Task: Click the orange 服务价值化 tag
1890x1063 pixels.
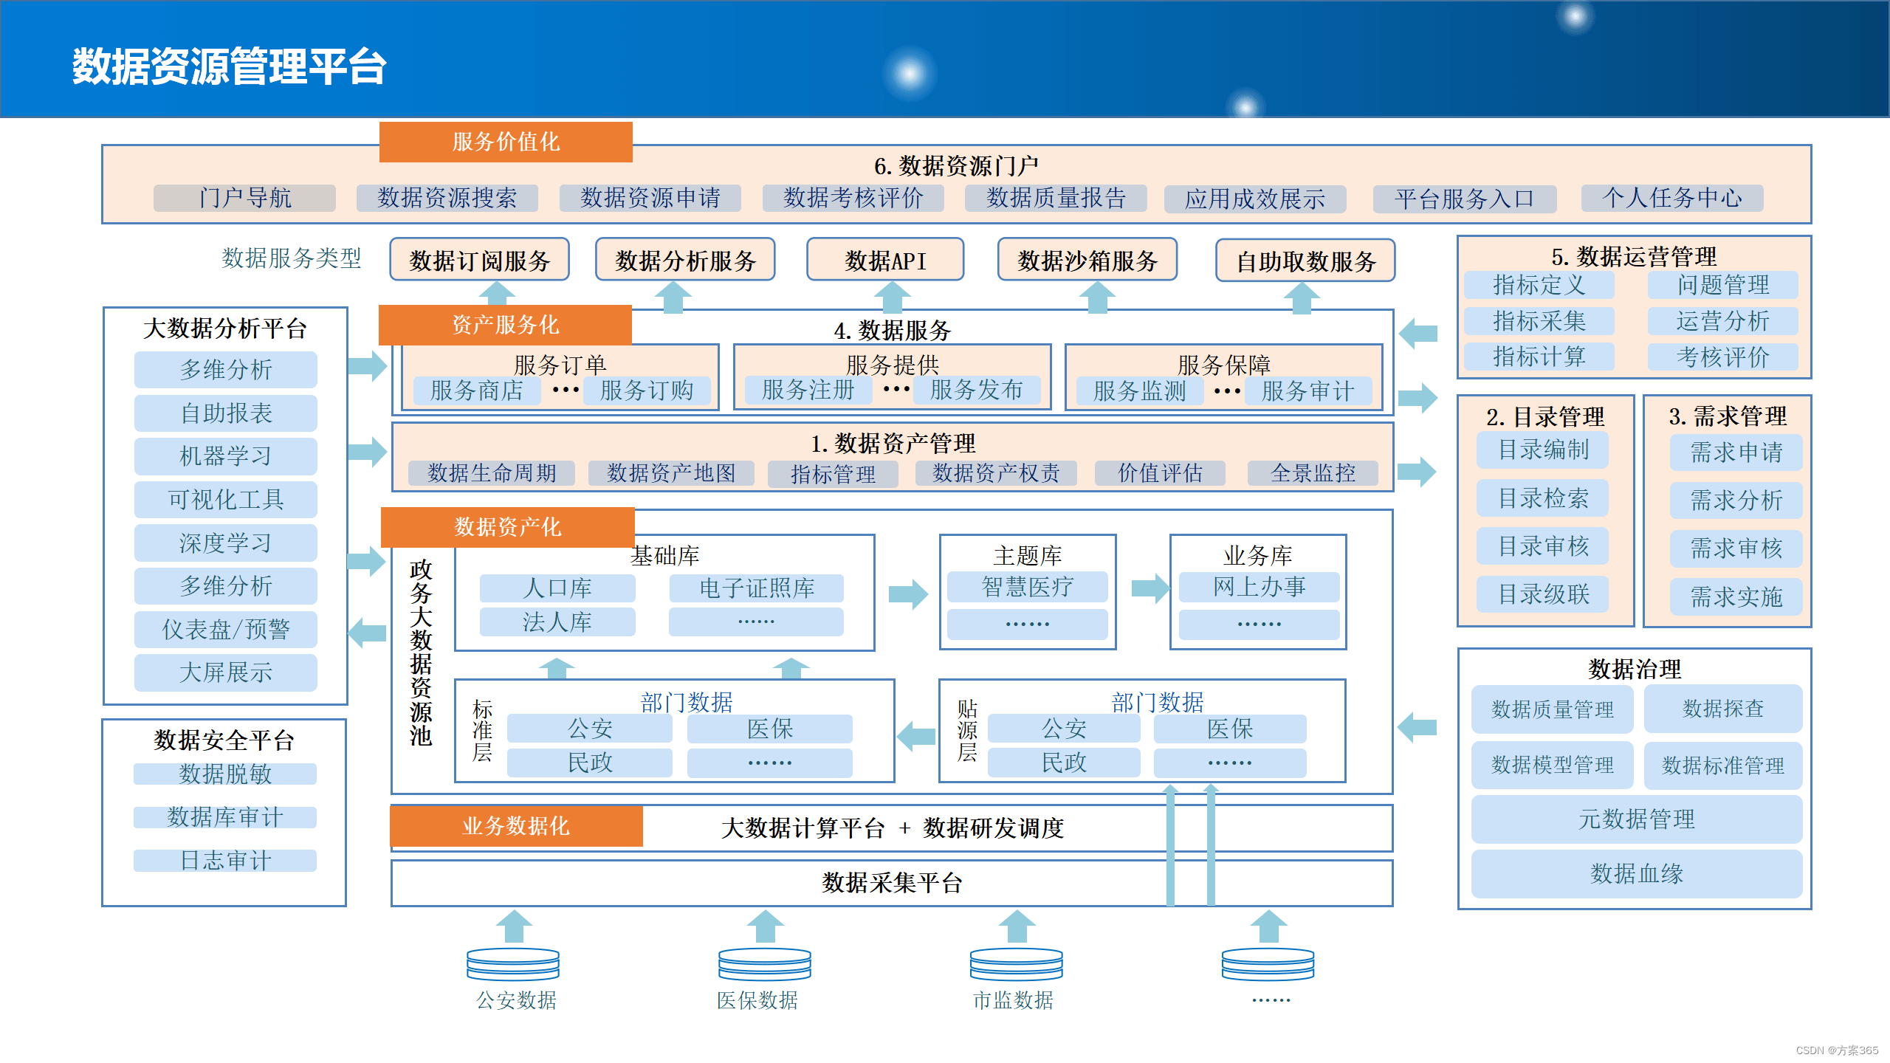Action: coord(506,142)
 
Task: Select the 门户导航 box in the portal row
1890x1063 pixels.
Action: coord(244,198)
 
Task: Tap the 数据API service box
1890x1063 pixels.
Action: coord(885,261)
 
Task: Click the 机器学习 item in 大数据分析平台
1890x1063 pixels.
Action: coord(226,456)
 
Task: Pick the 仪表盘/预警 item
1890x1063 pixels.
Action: coord(226,630)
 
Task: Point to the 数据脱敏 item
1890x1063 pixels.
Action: coord(225,774)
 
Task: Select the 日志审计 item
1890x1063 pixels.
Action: coord(225,861)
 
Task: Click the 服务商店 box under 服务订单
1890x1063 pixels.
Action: coord(477,391)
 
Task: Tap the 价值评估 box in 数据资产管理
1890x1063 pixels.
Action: coord(1160,473)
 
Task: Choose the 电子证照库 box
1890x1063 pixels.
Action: coord(757,588)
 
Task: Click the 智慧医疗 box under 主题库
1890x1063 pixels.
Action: coord(1027,588)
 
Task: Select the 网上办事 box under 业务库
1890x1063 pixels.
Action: coord(1259,588)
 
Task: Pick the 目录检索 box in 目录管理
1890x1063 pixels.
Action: coord(1543,499)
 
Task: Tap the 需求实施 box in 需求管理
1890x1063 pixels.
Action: coord(1736,596)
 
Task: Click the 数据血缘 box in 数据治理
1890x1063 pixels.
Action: coord(1637,874)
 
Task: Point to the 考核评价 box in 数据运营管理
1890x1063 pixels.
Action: coord(1722,357)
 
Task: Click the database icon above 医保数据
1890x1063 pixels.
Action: coord(765,964)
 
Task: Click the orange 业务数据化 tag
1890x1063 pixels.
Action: coord(516,826)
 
